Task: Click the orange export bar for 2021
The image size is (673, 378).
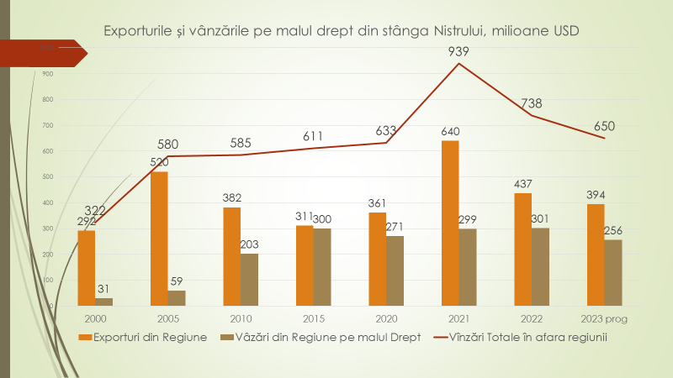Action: (450, 223)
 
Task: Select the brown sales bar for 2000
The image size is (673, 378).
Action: (104, 301)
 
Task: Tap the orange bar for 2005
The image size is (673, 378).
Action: (159, 238)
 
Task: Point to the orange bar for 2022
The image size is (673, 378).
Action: (522, 249)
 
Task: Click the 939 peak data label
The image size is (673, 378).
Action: (458, 51)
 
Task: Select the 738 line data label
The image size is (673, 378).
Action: (532, 103)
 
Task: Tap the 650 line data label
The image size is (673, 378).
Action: (604, 127)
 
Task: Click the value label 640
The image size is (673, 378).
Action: (450, 131)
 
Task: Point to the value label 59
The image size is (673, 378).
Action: (177, 281)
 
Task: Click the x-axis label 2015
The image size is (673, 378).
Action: (313, 319)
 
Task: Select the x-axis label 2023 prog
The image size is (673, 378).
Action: (605, 319)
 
